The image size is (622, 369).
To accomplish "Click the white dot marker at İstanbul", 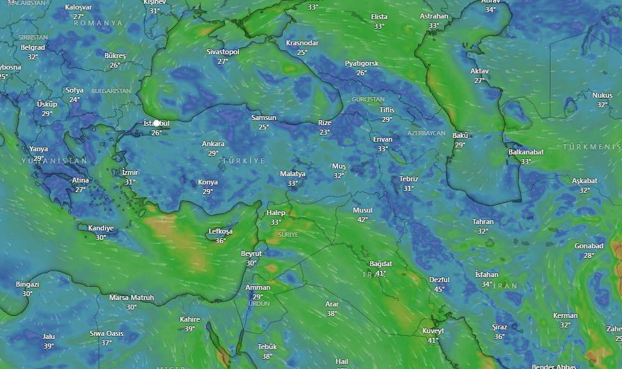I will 157,123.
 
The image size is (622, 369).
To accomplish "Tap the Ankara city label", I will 213,144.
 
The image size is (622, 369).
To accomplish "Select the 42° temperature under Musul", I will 362,220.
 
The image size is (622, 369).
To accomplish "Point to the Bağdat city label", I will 380,264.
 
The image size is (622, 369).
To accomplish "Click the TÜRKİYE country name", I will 243,162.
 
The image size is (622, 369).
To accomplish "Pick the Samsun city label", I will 263,118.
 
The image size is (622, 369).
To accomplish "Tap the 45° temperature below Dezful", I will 439,289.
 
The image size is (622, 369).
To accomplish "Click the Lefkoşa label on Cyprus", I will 221,232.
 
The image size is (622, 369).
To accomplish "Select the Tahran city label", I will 483,222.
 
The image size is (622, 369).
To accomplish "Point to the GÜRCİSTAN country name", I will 368,100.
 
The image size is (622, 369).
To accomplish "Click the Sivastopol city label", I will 222,52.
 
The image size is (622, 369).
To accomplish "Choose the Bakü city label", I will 460,135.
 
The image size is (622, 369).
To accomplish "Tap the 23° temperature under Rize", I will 325,132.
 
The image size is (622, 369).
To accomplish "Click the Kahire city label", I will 190,320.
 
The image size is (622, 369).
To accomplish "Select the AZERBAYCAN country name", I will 426,133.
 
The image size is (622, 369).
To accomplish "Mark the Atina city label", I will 81,180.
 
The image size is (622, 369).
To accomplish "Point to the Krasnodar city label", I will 302,43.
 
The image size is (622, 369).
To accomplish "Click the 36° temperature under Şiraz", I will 499,336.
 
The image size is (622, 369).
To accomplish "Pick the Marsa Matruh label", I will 131,297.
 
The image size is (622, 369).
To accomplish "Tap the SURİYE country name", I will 288,235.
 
